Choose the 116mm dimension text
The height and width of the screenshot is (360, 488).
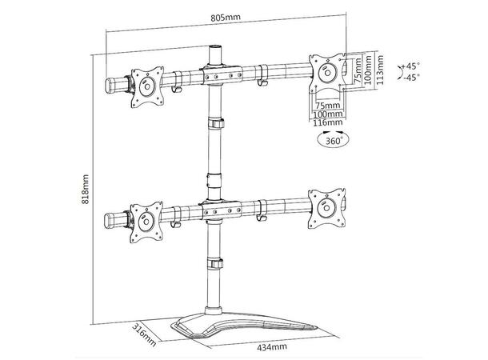(328, 124)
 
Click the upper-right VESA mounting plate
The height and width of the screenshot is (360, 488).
(327, 70)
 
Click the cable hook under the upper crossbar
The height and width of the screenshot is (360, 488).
(262, 81)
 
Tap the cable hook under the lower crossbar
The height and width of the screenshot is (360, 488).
(262, 218)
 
